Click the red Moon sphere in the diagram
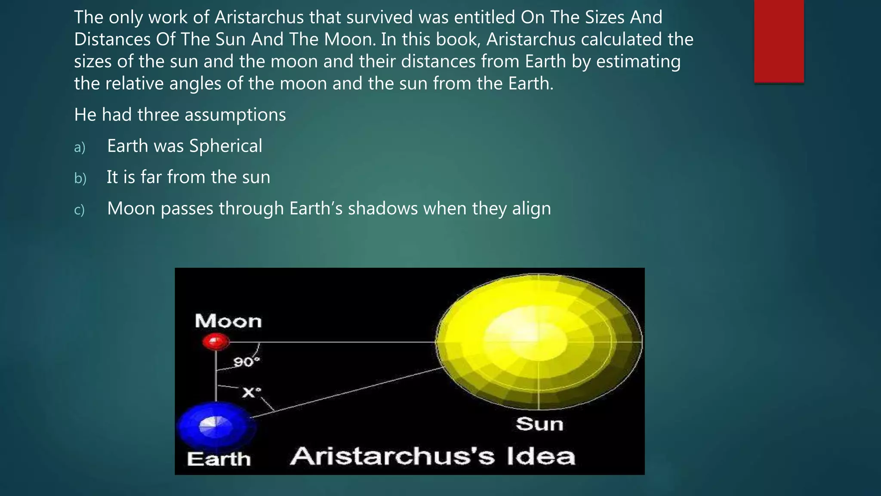pyautogui.click(x=216, y=342)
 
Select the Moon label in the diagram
pyautogui.click(x=228, y=321)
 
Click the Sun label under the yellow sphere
pyautogui.click(x=539, y=424)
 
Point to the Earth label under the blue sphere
pyautogui.click(x=219, y=459)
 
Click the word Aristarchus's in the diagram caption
pyautogui.click(x=392, y=456)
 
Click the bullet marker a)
pyautogui.click(x=80, y=147)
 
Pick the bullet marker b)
pyautogui.click(x=80, y=178)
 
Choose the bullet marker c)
pyautogui.click(x=79, y=210)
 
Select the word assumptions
pyautogui.click(x=235, y=115)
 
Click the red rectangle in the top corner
pyautogui.click(x=779, y=41)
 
